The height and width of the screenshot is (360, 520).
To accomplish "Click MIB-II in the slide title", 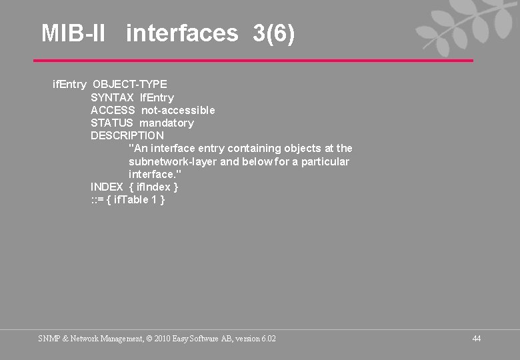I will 73,33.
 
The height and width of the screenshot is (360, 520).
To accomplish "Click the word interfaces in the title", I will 181,33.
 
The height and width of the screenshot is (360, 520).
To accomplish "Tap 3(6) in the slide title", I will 273,33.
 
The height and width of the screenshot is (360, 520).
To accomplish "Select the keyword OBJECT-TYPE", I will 130,85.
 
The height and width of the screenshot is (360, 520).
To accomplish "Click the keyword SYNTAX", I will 112,97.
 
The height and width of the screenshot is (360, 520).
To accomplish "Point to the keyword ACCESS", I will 113,110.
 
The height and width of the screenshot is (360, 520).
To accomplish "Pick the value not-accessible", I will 178,110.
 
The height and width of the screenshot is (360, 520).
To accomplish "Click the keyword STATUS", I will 112,123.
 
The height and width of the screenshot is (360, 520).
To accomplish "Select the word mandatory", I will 167,123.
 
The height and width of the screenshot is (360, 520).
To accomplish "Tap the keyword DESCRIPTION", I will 127,135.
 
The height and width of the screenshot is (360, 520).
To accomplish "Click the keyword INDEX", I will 107,187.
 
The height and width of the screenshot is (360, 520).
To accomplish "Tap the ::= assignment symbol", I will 97,199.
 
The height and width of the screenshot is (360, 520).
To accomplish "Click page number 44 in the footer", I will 476,339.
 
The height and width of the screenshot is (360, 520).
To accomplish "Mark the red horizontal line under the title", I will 253,61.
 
